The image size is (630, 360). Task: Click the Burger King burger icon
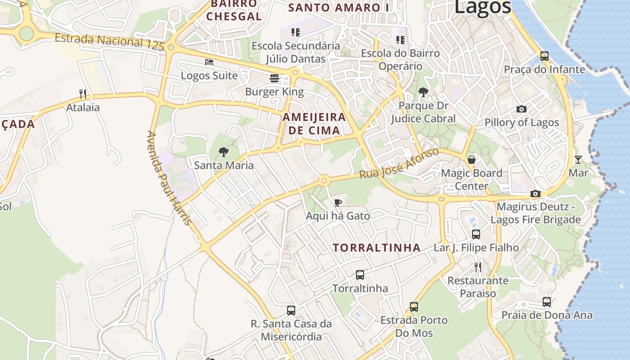pyautogui.click(x=274, y=78)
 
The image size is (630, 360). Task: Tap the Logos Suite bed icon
pyautogui.click(x=209, y=62)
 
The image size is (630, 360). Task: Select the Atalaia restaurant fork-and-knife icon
pyautogui.click(x=83, y=94)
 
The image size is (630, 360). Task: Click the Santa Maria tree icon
pyautogui.click(x=223, y=152)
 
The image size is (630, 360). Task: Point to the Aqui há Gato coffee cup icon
pyautogui.click(x=337, y=202)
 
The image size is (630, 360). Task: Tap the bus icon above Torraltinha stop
pyautogui.click(x=360, y=274)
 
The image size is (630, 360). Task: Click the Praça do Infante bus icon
pyautogui.click(x=544, y=56)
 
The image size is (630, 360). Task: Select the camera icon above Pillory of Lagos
pyautogui.click(x=522, y=109)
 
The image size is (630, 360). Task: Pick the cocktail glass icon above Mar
pyautogui.click(x=578, y=159)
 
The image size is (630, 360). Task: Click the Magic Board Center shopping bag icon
pyautogui.click(x=471, y=160)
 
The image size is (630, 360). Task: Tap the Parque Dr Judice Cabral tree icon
pyautogui.click(x=423, y=92)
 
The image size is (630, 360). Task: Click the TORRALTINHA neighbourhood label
pyautogui.click(x=377, y=247)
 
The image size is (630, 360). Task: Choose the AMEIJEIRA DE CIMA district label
pyautogui.click(x=314, y=124)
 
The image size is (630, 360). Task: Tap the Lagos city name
pyautogui.click(x=482, y=7)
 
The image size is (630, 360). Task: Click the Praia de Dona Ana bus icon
pyautogui.click(x=547, y=301)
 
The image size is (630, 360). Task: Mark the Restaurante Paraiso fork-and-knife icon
pyautogui.click(x=478, y=267)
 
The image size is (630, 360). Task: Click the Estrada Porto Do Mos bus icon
pyautogui.click(x=414, y=307)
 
